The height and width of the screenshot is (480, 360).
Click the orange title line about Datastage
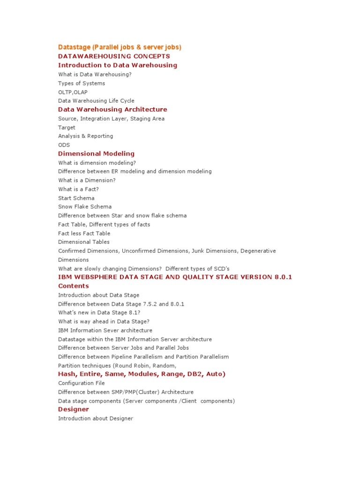pos(120,47)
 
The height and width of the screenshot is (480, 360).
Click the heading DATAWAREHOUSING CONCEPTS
pos(114,56)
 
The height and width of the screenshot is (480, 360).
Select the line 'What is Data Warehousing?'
pos(95,74)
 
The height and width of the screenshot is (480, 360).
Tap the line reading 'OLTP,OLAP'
pos(73,92)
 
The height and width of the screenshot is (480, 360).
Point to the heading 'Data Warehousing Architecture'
pos(112,109)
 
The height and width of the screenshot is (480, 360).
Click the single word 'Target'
pos(67,127)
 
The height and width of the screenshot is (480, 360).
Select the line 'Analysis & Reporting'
pos(85,136)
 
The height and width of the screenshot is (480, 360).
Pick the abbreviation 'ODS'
pos(64,145)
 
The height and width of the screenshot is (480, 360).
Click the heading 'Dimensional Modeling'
pos(96,153)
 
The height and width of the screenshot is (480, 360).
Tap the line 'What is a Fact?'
pos(78,189)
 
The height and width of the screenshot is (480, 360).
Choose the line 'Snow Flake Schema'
pos(85,207)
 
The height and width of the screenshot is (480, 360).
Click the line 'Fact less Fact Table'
pos(84,233)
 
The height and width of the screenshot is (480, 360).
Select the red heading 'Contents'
pos(73,286)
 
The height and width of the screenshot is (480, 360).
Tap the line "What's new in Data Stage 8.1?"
pos(99,313)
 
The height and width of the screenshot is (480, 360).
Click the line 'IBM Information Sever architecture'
pos(105,330)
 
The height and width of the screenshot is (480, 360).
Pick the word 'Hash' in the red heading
pos(67,374)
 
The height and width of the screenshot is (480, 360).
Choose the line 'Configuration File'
pos(81,383)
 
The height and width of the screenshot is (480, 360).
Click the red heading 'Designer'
pos(73,409)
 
